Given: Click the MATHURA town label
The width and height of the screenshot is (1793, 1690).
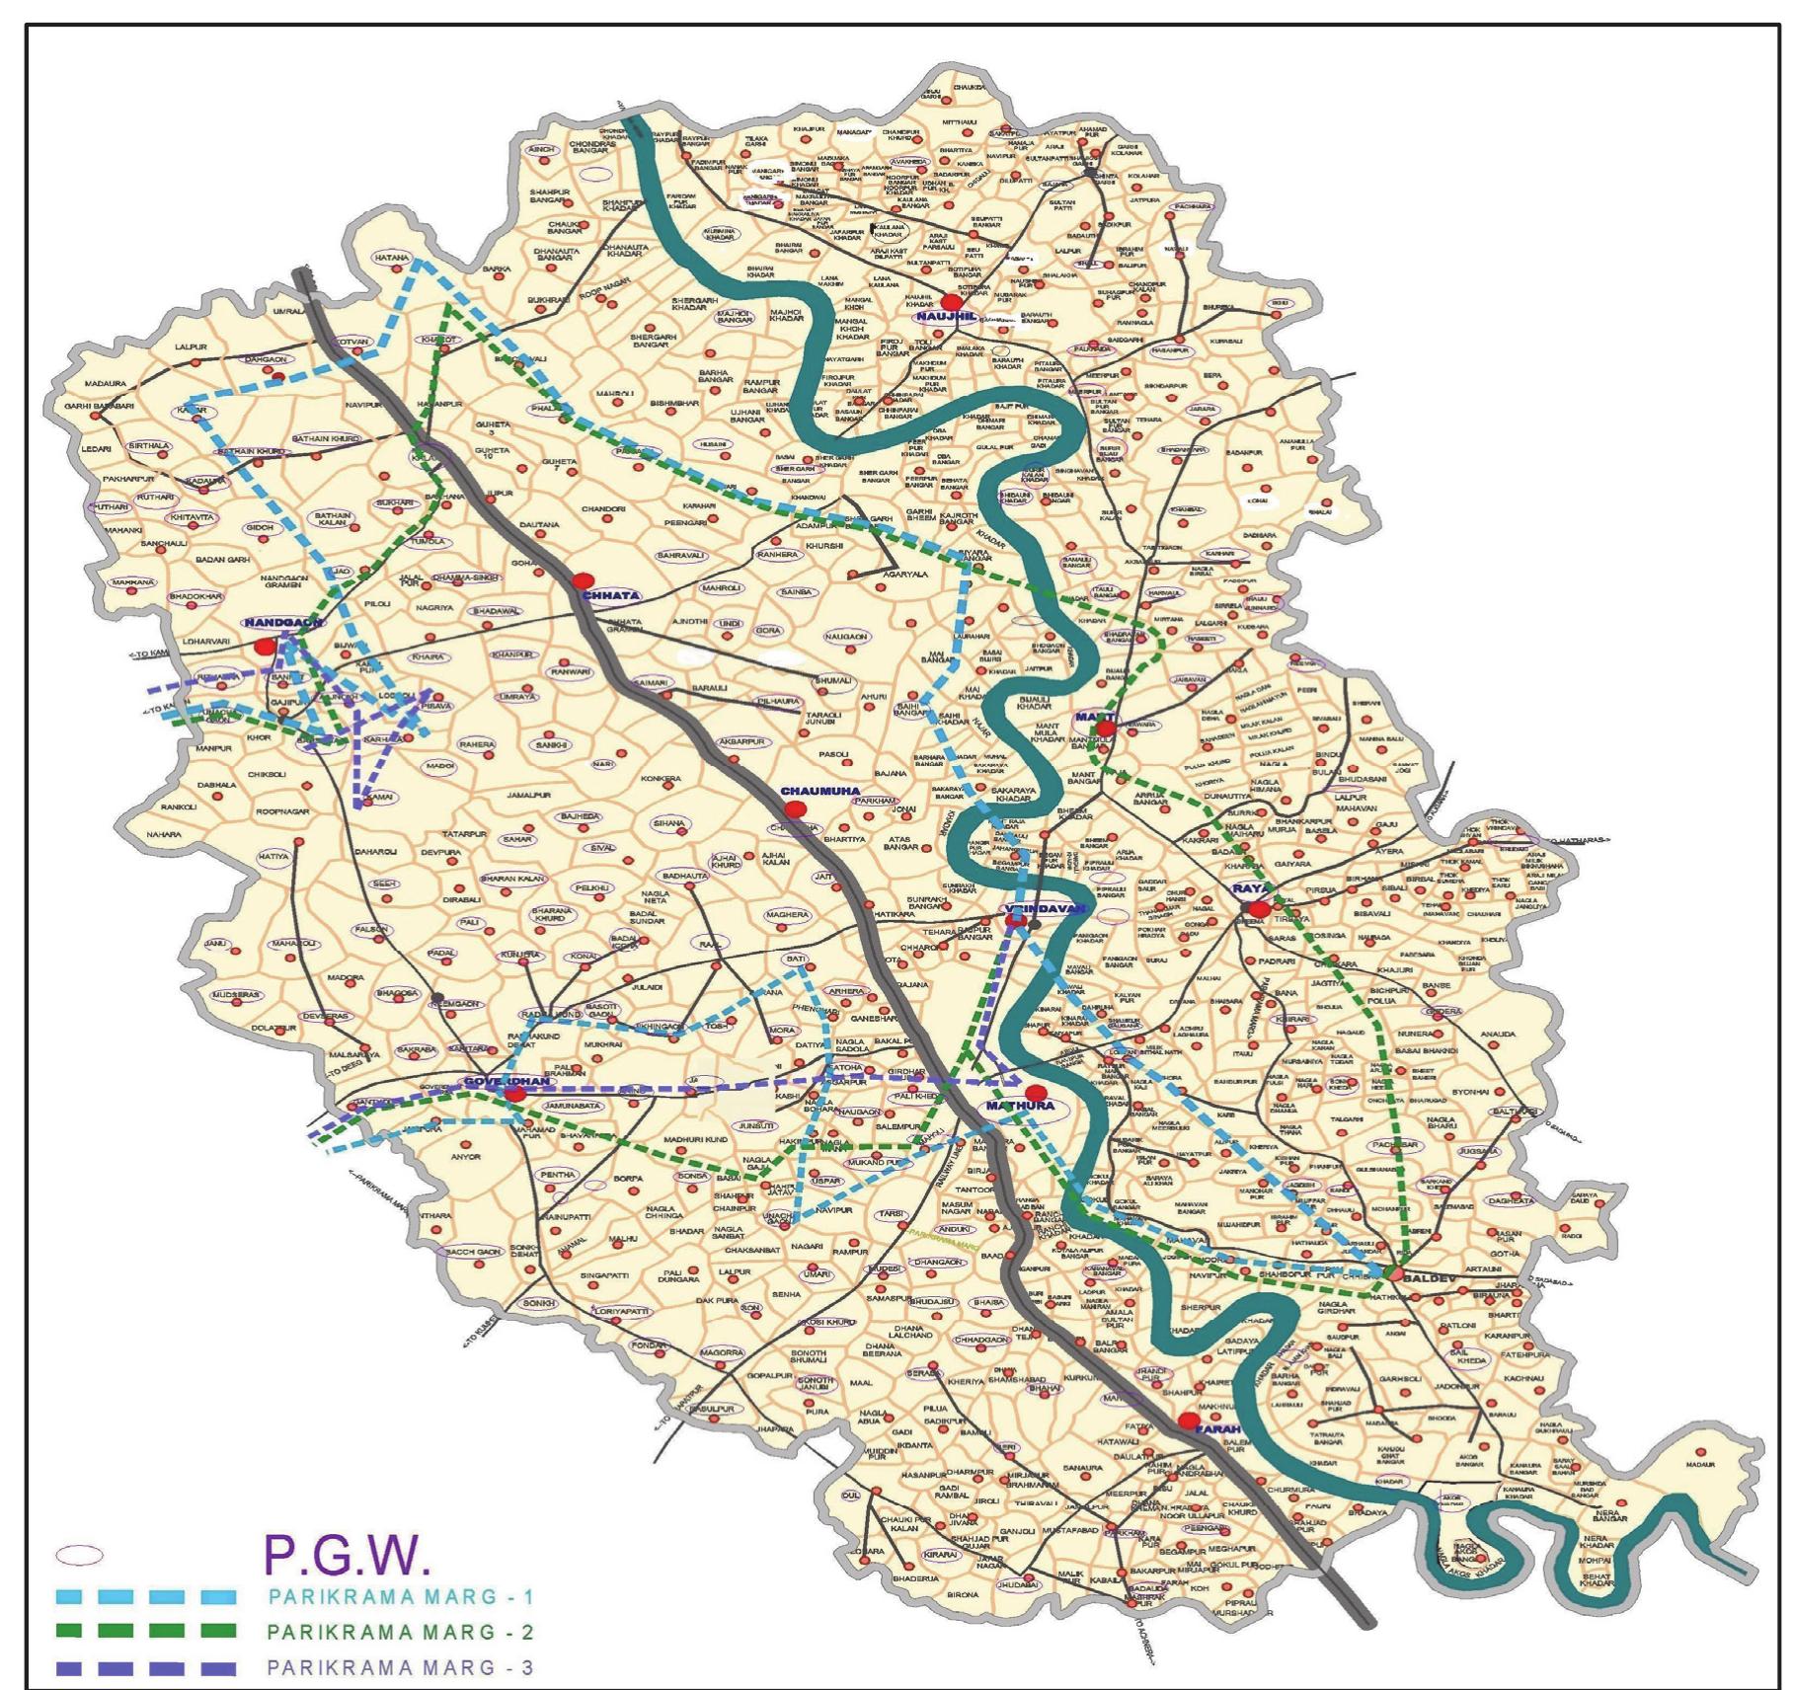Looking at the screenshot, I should click(1021, 1107).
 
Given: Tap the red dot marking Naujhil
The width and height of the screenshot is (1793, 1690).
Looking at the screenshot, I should click(951, 301).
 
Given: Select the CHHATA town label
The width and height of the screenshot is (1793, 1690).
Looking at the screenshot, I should click(610, 595).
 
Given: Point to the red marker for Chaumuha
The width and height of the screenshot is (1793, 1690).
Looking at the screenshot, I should click(796, 808).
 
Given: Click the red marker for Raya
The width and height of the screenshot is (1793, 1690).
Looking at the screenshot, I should click(1259, 908).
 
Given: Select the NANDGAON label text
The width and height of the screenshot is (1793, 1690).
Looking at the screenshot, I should click(283, 623).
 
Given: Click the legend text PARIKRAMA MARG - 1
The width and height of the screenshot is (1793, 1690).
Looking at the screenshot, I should click(400, 1596).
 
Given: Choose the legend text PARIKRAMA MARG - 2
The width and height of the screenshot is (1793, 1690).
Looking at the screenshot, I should click(400, 1632).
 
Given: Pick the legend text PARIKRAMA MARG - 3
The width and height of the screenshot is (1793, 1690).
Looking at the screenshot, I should click(400, 1667).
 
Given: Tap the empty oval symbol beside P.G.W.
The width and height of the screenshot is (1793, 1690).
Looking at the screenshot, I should click(78, 1555).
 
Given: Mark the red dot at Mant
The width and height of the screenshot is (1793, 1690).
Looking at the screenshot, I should click(1106, 729).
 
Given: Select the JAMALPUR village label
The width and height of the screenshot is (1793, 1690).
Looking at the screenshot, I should click(528, 795).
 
